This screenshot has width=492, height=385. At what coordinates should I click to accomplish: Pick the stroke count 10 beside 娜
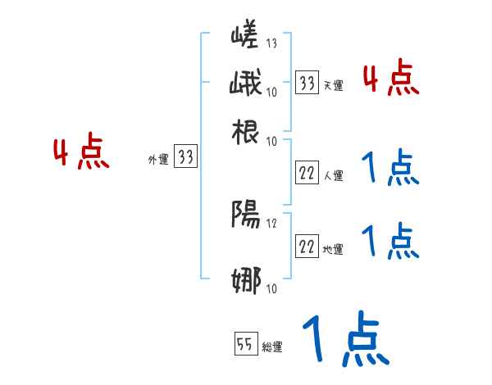(x=271, y=288)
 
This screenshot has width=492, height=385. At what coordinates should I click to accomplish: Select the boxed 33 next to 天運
(x=307, y=83)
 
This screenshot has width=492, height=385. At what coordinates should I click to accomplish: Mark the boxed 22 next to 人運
(x=307, y=173)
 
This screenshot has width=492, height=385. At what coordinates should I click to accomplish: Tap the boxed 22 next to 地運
(x=307, y=247)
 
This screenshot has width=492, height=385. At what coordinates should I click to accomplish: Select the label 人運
(x=334, y=175)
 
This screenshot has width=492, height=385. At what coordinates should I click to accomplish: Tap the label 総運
(x=272, y=346)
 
